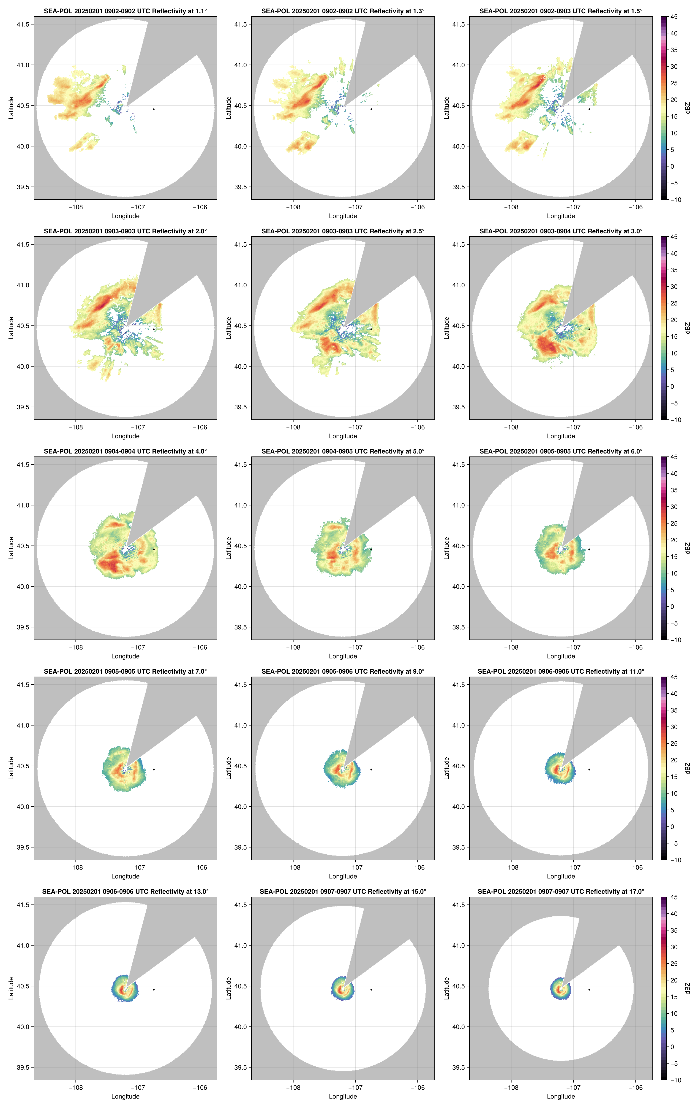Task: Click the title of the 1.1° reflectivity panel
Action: [x=125, y=11]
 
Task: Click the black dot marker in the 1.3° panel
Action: [x=371, y=109]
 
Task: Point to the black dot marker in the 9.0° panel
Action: [x=371, y=769]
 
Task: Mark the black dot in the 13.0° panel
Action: [x=154, y=989]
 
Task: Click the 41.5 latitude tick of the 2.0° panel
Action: [x=23, y=245]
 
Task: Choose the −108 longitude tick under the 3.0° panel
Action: [x=511, y=427]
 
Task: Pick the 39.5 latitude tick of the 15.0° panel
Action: [x=241, y=1067]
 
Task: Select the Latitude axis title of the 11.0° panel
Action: [x=446, y=768]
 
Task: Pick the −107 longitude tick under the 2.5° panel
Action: [x=355, y=427]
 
